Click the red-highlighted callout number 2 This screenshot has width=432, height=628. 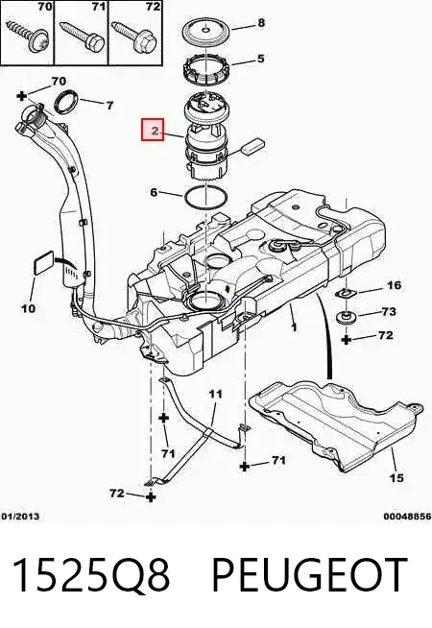point(153,130)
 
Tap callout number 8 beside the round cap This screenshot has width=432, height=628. point(261,23)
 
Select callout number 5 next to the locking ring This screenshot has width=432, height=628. point(261,59)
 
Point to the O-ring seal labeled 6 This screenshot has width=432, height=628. point(205,198)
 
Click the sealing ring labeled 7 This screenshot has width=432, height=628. point(66,102)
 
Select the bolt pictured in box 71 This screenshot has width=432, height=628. point(82,36)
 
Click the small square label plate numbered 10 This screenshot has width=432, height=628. point(43,263)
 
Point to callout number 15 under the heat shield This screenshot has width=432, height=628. point(396,477)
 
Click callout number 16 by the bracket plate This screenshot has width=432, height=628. point(394,285)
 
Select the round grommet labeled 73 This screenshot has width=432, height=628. point(346,318)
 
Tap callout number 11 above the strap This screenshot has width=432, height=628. point(215,394)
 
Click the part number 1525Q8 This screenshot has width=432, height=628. point(92,575)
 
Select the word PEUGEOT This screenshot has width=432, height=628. point(309,575)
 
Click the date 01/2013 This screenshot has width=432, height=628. point(20,517)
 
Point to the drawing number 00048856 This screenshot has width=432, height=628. point(407,517)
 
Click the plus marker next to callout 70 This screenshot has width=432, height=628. point(22,96)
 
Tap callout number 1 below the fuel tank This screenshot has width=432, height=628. point(295,327)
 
